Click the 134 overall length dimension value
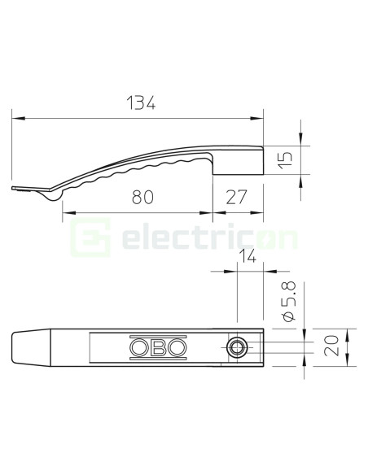click(139, 103)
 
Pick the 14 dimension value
click(250, 259)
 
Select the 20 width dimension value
click(331, 348)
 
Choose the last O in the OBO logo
click(177, 348)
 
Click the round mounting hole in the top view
click(237, 348)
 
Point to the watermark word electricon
click(209, 239)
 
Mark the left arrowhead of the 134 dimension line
click(16, 120)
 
